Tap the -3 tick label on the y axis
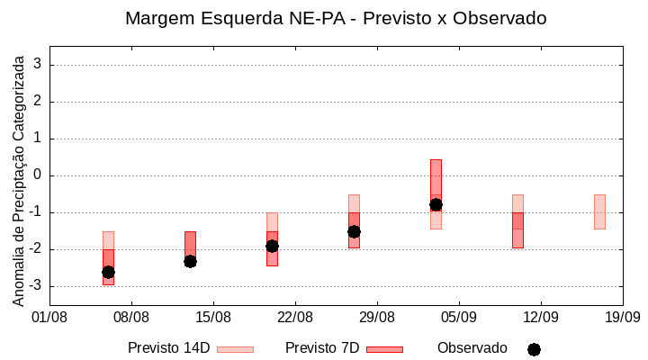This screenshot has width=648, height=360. pyautogui.click(x=35, y=286)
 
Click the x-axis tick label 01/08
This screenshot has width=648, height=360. pyautogui.click(x=49, y=317)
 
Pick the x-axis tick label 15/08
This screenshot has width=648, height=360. pyautogui.click(x=213, y=317)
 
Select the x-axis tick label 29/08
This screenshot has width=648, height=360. pyautogui.click(x=377, y=317)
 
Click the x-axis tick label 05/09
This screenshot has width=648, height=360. pyautogui.click(x=459, y=317)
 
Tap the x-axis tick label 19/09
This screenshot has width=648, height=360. pyautogui.click(x=622, y=317)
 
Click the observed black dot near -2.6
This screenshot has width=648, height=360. pyautogui.click(x=108, y=272)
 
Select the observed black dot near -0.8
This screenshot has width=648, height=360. pyautogui.click(x=436, y=205)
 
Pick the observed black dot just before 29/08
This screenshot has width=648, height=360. pyautogui.click(x=354, y=231)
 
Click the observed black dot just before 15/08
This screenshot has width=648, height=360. pyautogui.click(x=190, y=261)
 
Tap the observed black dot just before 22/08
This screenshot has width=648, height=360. pyautogui.click(x=272, y=246)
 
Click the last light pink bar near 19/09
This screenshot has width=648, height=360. pyautogui.click(x=599, y=212)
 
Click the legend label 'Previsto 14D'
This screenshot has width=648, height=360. pyautogui.click(x=169, y=348)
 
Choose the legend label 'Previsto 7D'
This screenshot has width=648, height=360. pyautogui.click(x=322, y=348)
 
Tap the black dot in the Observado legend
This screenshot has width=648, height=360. pyautogui.click(x=534, y=349)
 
